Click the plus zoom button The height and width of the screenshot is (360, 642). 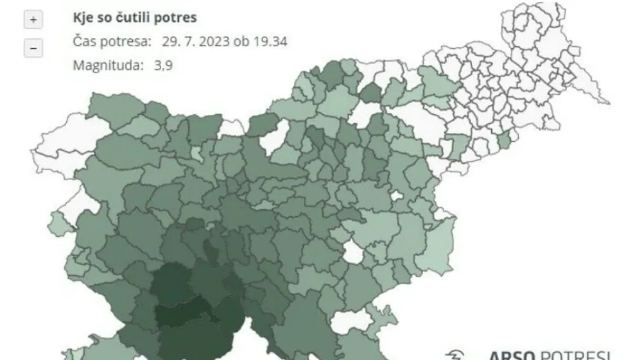tap(33, 20)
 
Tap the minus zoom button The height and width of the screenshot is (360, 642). tap(33, 48)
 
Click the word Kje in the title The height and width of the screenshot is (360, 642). tap(83, 17)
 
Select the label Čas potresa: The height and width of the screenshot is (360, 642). tap(112, 42)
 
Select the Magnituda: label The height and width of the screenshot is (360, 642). tap(108, 65)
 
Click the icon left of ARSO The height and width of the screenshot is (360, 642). tap(455, 355)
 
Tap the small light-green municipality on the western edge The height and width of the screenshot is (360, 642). tap(58, 223)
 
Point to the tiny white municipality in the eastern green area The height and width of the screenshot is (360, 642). tap(396, 195)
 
